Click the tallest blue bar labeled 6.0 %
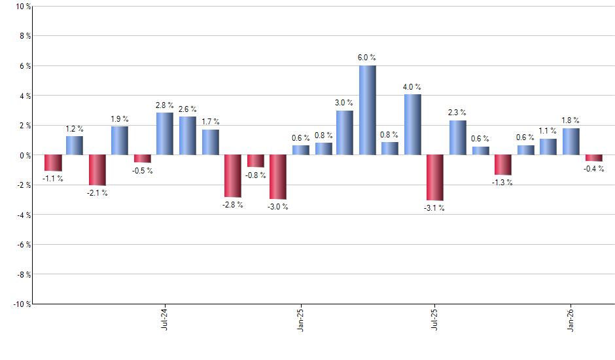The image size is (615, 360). pyautogui.click(x=367, y=110)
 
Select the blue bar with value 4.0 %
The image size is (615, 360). pyautogui.click(x=412, y=124)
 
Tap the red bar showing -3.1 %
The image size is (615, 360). pyautogui.click(x=435, y=177)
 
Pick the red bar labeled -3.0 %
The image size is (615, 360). pyautogui.click(x=278, y=177)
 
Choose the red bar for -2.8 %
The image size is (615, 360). pyautogui.click(x=233, y=175)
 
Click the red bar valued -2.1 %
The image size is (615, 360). pyautogui.click(x=97, y=170)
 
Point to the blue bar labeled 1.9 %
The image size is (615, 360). pyautogui.click(x=120, y=141)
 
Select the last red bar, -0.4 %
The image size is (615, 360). pyautogui.click(x=594, y=158)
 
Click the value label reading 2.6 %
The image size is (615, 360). pyautogui.click(x=187, y=109)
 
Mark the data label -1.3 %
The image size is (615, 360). pyautogui.click(x=503, y=183)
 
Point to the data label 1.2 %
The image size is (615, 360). pyautogui.click(x=75, y=129)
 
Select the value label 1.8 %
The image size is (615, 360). pyautogui.click(x=571, y=120)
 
